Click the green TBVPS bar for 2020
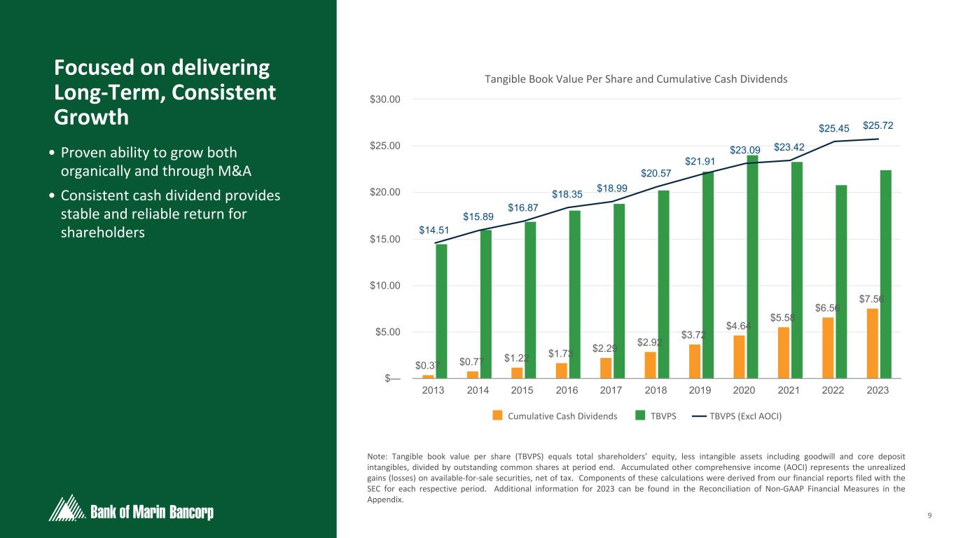(752, 266)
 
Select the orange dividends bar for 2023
(873, 343)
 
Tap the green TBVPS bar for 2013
(441, 311)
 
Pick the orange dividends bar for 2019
(695, 361)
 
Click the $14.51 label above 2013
(434, 230)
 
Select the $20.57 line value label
(656, 173)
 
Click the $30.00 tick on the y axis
(385, 99)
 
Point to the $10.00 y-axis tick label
(385, 285)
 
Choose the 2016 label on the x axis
(567, 390)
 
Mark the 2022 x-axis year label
(833, 390)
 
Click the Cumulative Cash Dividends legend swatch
(498, 415)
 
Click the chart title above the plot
(636, 79)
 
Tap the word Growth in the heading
(91, 117)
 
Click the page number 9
(929, 516)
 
